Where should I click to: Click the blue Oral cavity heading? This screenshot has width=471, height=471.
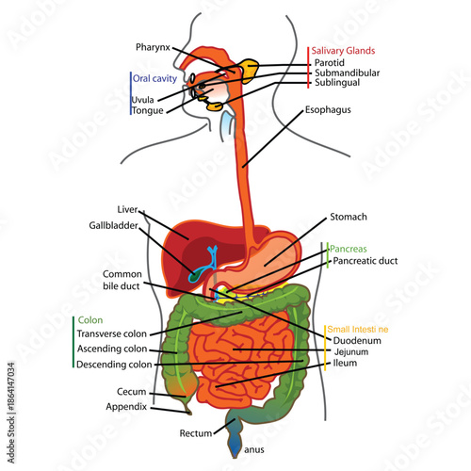coord(156,78)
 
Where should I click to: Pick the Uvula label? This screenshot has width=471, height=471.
coord(143,99)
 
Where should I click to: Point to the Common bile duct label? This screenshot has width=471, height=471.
coord(122,281)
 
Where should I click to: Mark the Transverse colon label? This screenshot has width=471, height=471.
coord(111,333)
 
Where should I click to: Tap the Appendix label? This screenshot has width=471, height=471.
coord(127,407)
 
